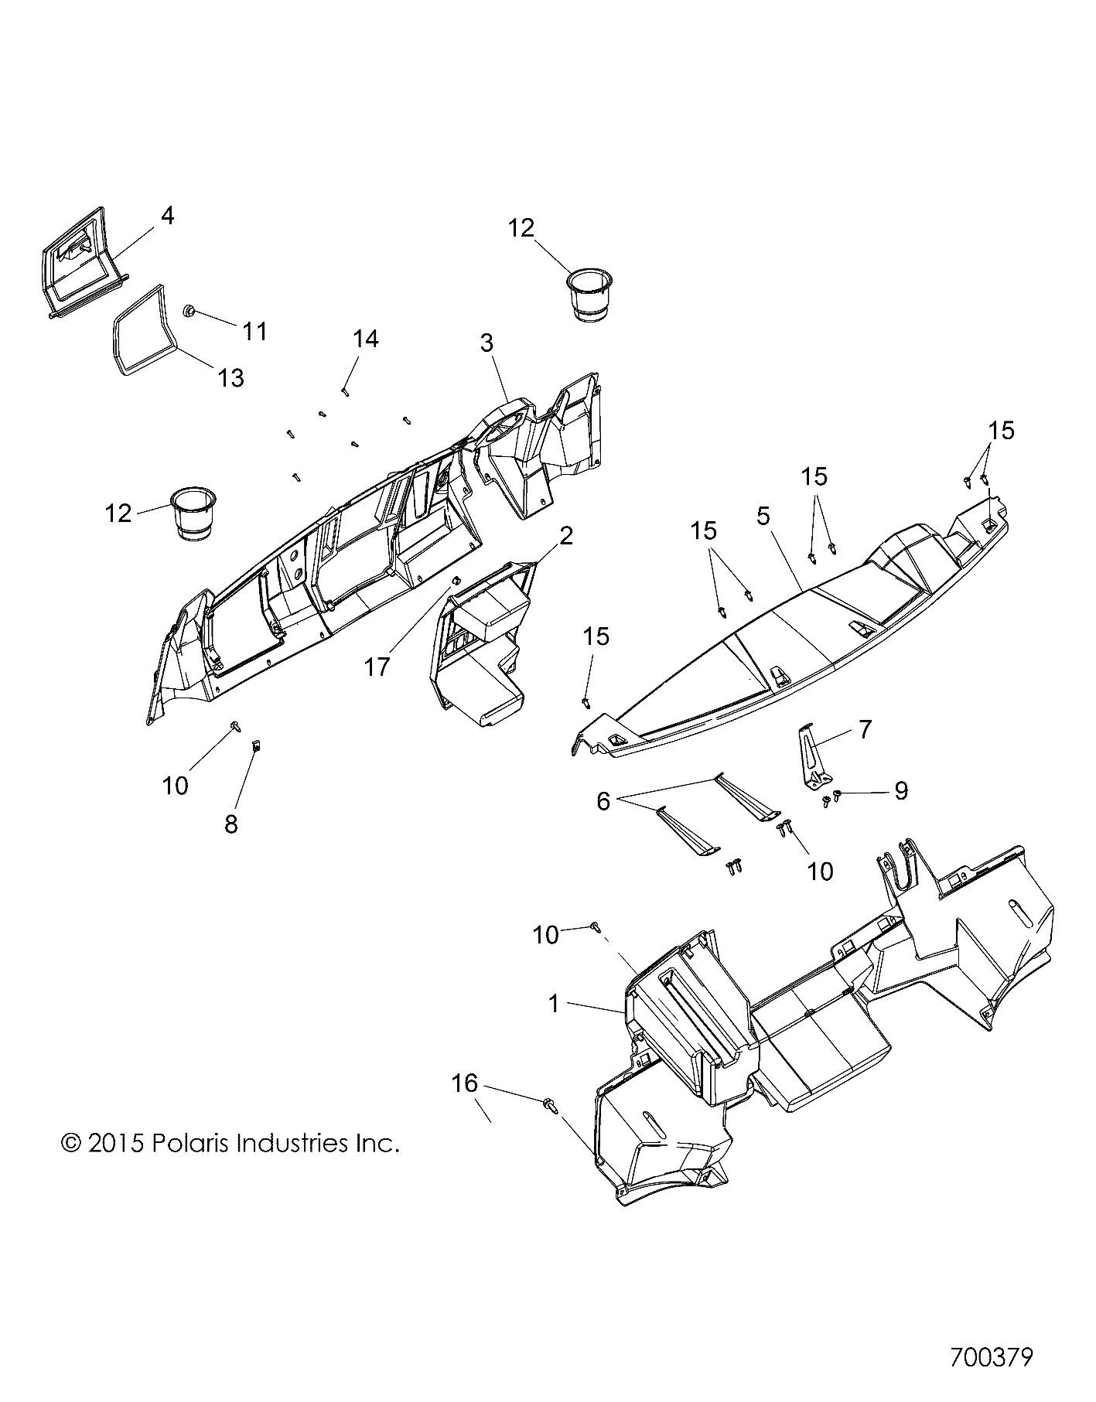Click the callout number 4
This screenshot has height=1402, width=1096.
167,216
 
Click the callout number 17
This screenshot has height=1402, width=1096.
377,667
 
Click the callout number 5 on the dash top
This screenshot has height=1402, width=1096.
763,516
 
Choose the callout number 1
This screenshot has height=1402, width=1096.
553,1005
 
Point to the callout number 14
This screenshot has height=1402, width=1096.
366,338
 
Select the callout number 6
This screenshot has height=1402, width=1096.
603,801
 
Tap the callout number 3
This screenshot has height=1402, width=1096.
487,343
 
